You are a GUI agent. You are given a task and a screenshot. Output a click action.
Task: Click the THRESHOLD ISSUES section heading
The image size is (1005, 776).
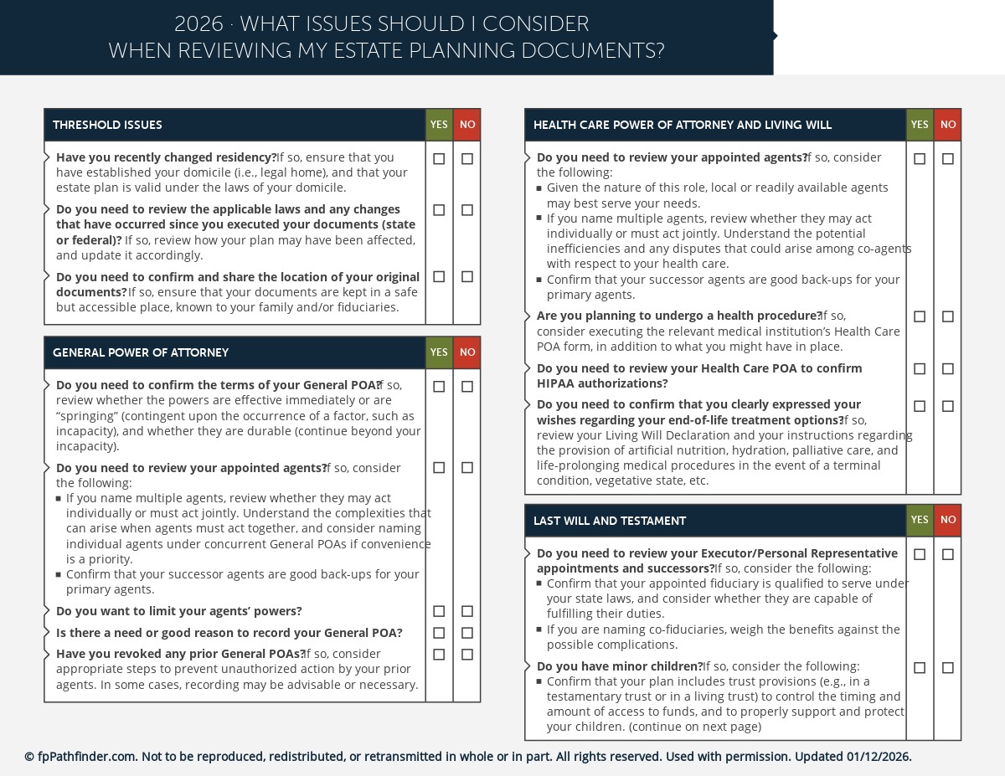107,125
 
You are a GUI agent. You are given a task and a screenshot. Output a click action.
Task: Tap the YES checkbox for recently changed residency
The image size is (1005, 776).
439,158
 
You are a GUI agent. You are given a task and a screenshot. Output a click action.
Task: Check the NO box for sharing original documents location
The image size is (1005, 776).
467,276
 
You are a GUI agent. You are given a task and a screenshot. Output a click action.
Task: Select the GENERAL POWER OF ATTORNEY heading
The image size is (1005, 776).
141,352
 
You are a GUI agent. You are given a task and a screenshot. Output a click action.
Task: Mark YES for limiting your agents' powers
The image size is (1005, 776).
439,611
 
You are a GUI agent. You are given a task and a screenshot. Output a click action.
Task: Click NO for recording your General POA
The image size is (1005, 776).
467,633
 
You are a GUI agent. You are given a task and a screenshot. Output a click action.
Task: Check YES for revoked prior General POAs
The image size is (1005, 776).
439,654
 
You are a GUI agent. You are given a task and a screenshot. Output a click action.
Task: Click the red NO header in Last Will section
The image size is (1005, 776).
947,520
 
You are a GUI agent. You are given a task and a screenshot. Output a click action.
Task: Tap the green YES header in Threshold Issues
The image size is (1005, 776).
439,125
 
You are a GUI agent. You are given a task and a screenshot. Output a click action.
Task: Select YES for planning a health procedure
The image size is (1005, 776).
920,316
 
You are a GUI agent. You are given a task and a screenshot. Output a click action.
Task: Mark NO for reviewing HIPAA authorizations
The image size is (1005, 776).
948,368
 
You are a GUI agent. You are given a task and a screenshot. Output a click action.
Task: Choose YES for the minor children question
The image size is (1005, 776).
920,667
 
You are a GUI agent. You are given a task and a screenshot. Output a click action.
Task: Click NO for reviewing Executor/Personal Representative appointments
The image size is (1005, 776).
948,554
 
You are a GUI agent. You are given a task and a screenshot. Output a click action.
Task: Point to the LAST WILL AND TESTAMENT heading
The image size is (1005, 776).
610,521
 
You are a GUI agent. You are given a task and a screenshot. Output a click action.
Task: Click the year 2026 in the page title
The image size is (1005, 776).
198,24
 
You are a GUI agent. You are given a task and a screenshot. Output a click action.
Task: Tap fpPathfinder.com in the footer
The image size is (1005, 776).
86,757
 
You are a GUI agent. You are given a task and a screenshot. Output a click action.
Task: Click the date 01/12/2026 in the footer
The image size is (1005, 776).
878,757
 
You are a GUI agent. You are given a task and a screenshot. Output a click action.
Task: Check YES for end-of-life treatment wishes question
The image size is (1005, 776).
920,406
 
